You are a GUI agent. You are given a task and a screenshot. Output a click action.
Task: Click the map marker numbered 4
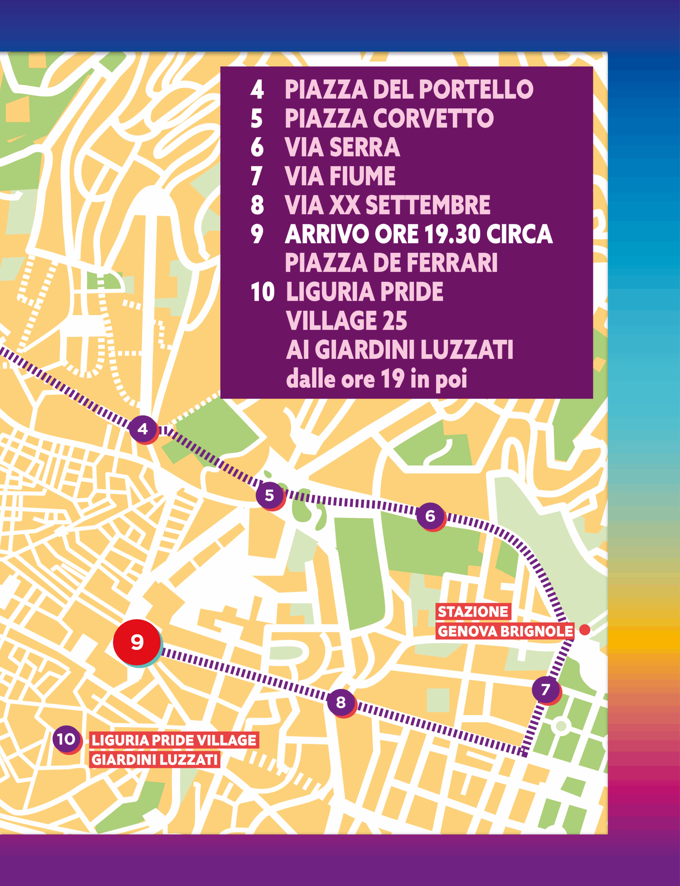[x=142, y=429]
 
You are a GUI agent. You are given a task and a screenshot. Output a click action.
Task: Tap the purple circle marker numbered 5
[x=269, y=495]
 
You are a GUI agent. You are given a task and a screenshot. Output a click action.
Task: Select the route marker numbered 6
[x=430, y=516]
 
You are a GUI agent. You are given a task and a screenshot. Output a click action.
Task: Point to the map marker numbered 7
[x=545, y=689]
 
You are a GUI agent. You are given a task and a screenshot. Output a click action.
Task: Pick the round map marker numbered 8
[x=341, y=703]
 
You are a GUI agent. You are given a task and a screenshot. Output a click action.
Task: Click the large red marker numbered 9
[x=137, y=642]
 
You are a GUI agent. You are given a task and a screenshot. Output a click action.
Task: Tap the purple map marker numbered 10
[x=66, y=739]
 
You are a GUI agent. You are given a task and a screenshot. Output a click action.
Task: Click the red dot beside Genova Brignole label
[x=584, y=630]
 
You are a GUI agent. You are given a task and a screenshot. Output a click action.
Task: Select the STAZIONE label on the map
[x=473, y=612]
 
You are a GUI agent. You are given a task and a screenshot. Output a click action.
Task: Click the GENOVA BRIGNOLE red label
[x=505, y=631]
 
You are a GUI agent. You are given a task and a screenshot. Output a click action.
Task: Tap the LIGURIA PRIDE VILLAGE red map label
[x=174, y=740]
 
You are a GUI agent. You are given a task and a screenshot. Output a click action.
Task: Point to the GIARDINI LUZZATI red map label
[x=154, y=759]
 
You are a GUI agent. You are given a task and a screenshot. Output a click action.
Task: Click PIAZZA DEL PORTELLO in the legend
[x=409, y=89]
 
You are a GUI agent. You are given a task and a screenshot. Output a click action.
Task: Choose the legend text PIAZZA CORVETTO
[x=389, y=118]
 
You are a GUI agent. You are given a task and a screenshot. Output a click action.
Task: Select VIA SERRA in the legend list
[x=342, y=147]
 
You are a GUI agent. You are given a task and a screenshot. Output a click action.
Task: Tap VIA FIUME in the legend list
[x=340, y=176]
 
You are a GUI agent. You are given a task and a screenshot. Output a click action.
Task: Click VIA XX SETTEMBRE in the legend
[x=387, y=205]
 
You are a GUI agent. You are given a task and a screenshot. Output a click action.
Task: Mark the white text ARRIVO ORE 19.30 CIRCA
[x=418, y=234]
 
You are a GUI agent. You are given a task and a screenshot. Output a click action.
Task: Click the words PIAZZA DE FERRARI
[x=391, y=263]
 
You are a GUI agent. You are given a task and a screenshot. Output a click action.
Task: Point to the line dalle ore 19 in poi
[x=377, y=379]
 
